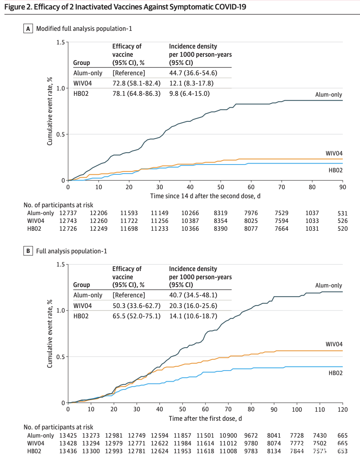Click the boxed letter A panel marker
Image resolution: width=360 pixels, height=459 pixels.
click(28, 29)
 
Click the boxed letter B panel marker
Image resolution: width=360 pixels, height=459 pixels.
click(28, 251)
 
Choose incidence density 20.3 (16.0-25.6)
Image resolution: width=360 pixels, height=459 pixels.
click(193, 306)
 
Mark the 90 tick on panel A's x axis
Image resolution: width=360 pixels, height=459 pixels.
click(342, 187)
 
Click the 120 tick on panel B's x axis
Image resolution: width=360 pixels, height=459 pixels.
click(342, 410)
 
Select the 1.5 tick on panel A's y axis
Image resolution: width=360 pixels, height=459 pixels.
click(61, 42)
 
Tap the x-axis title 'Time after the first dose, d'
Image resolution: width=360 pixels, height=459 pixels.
click(205, 418)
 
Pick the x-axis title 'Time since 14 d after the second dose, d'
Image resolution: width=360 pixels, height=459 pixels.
click(205, 196)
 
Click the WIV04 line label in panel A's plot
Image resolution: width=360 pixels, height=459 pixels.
click(334, 154)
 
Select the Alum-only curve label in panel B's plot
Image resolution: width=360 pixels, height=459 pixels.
click(328, 285)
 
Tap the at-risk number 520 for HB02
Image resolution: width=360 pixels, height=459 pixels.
click(342, 229)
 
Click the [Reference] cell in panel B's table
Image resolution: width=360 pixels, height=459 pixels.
click(129, 295)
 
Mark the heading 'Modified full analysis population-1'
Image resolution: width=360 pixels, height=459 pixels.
click(84, 29)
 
